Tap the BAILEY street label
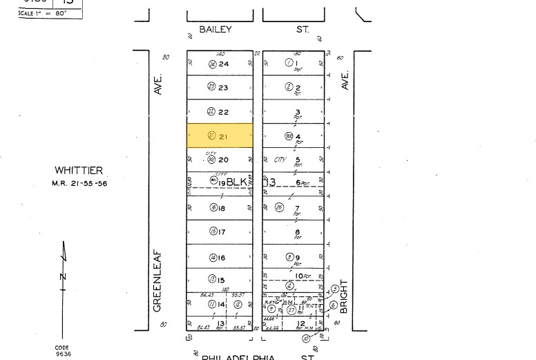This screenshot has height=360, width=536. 216,30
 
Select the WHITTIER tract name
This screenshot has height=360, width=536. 79,171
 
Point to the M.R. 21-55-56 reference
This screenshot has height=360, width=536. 79,183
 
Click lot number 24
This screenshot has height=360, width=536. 223,64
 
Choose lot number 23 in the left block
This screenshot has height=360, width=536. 223,88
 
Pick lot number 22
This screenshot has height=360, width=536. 223,112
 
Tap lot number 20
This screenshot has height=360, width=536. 223,160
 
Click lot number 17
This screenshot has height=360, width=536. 222,232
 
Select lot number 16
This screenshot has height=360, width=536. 222,258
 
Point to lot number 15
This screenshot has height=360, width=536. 222,280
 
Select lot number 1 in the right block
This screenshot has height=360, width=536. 298,64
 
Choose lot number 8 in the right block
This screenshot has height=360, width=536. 298,232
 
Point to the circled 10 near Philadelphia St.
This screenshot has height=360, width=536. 305,339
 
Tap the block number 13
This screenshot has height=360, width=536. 269,182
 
